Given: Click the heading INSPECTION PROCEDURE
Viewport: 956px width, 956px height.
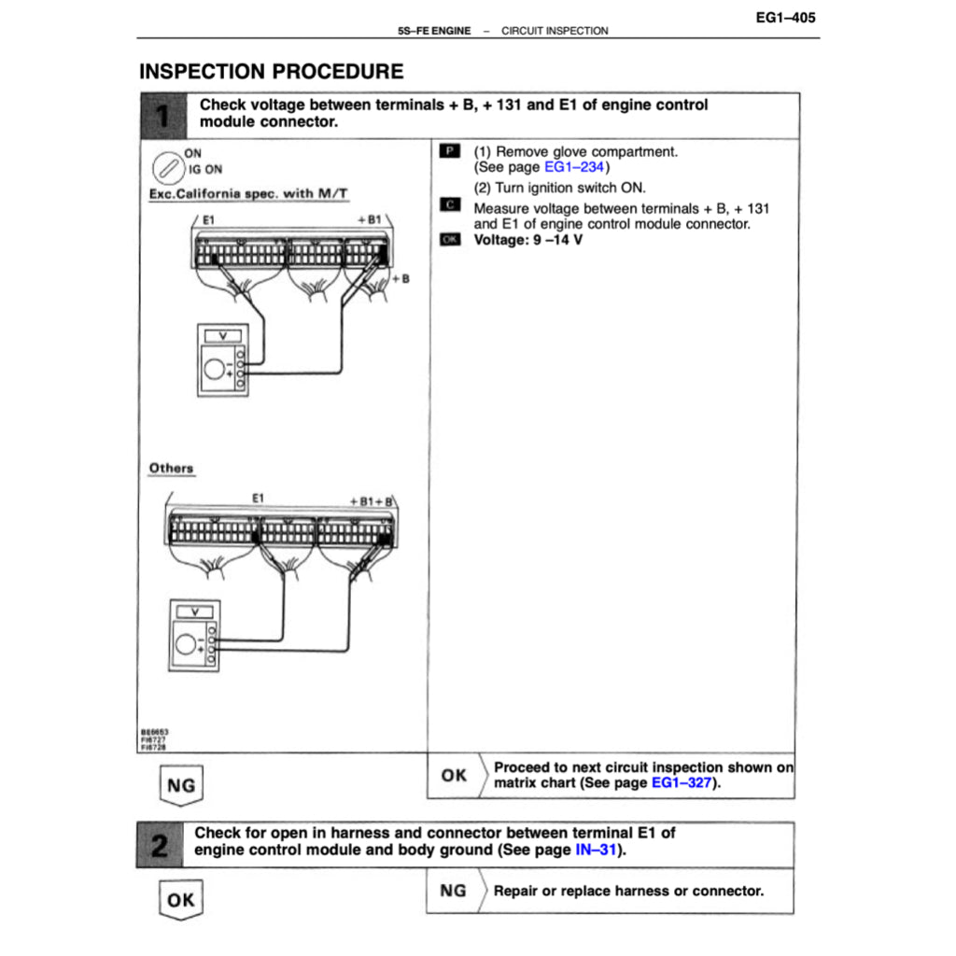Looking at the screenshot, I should (271, 72).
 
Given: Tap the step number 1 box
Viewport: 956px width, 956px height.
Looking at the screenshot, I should (162, 116).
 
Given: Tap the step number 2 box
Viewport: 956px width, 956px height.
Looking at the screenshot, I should (160, 844).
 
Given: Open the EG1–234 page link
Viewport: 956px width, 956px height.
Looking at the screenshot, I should (573, 167).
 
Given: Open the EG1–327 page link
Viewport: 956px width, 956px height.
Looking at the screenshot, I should (681, 783).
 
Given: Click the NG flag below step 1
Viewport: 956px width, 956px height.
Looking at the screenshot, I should (180, 785).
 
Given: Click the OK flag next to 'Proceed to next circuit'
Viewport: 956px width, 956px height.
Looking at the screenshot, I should (455, 775).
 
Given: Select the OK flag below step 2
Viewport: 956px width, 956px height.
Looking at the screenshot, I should (180, 901).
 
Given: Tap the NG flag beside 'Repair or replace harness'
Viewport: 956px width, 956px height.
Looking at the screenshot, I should (454, 891).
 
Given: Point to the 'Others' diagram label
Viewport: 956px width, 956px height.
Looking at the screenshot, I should (171, 468).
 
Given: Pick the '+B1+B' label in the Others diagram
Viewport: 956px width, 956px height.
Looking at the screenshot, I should (371, 500).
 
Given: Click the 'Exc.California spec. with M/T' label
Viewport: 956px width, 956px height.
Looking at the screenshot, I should (248, 193).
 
